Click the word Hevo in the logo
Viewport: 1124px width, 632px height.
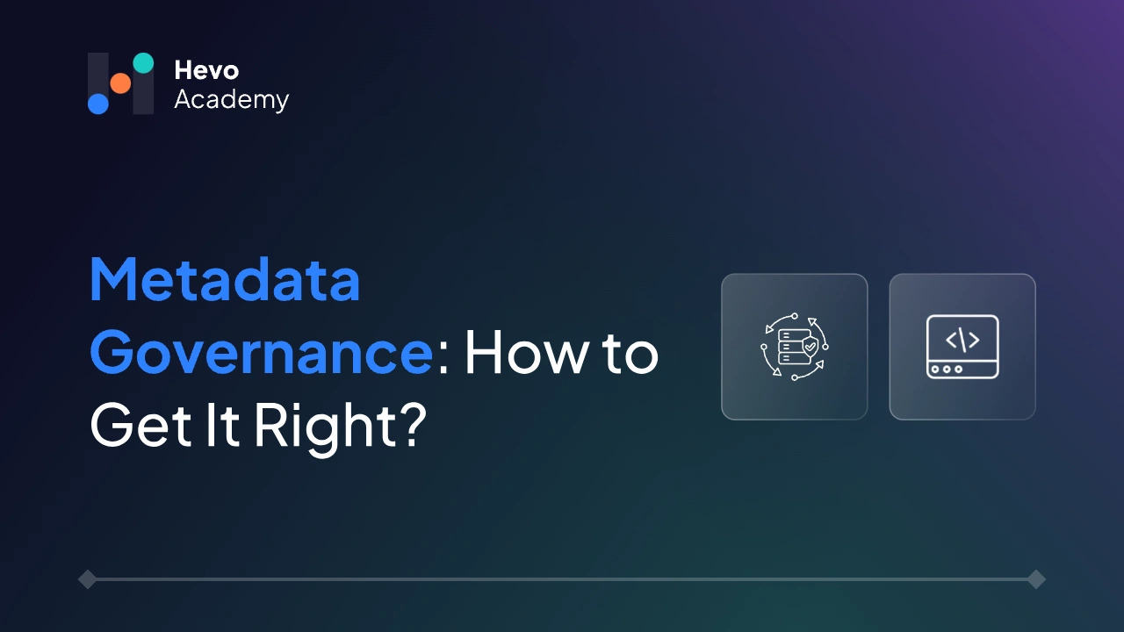coord(206,69)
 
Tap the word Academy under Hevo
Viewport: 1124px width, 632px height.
coord(231,100)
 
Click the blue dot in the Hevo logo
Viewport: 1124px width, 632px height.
coord(98,104)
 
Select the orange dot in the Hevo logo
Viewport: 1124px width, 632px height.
coord(120,83)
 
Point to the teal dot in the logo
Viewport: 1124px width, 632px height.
coord(143,63)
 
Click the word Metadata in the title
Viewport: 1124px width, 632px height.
coord(225,280)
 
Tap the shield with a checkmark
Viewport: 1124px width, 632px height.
coord(810,348)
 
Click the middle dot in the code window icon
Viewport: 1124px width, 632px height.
coord(946,369)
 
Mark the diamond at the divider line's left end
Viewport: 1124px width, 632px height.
coord(87,579)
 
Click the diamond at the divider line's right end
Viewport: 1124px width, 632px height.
coord(1036,579)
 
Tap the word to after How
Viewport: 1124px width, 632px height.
coord(629,353)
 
